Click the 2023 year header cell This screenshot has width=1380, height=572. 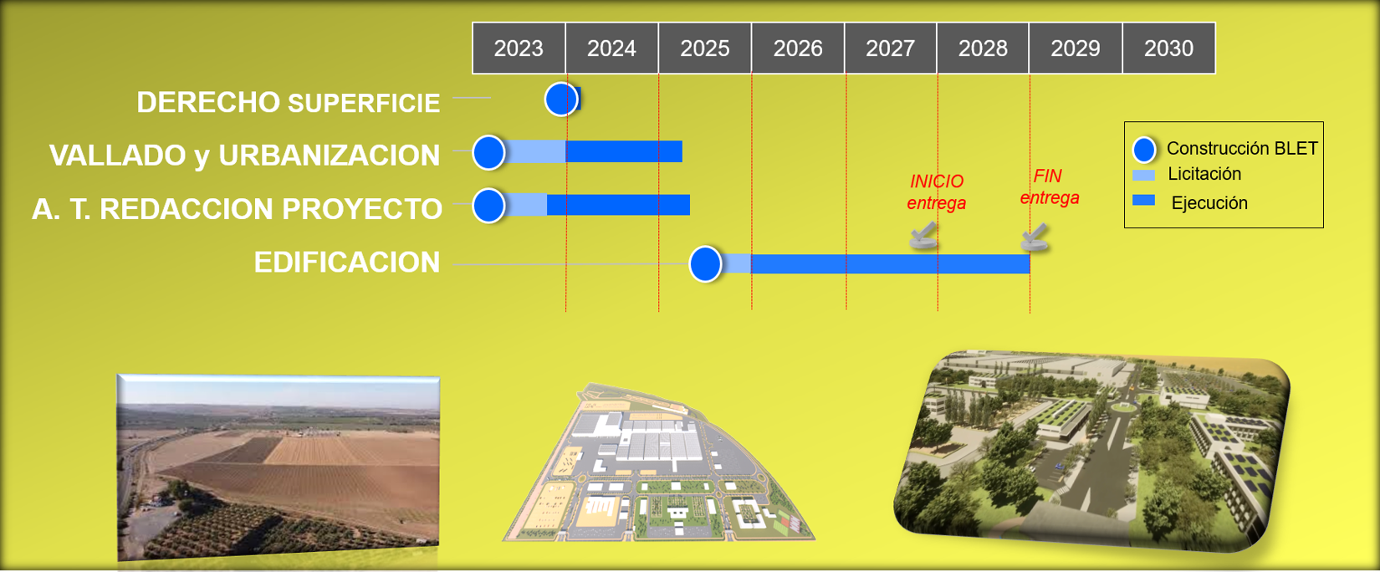[x=519, y=48]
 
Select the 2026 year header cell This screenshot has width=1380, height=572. [x=798, y=48]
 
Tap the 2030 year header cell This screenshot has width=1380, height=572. [x=1168, y=48]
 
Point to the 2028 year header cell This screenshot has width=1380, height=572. [x=983, y=48]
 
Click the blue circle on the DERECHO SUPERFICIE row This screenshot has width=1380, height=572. [x=561, y=99]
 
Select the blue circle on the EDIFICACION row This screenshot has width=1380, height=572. [x=705, y=264]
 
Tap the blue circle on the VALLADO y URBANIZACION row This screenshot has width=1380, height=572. [x=489, y=152]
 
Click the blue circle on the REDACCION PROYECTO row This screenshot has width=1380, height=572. [x=489, y=205]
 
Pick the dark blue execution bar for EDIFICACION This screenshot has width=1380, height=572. [x=890, y=263]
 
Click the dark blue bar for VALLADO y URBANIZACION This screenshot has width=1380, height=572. [x=624, y=151]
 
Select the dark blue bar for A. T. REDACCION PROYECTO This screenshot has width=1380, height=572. [x=619, y=205]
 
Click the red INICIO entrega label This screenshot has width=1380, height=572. [x=937, y=192]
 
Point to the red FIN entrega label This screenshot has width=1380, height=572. [x=1049, y=187]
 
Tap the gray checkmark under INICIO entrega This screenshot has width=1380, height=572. [x=923, y=236]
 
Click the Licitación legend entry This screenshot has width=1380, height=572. [x=1187, y=174]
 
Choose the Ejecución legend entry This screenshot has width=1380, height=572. [x=1189, y=202]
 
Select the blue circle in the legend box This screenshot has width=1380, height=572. [x=1144, y=150]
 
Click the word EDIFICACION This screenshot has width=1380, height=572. [x=347, y=263]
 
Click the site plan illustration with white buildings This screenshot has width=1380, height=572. [x=658, y=463]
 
